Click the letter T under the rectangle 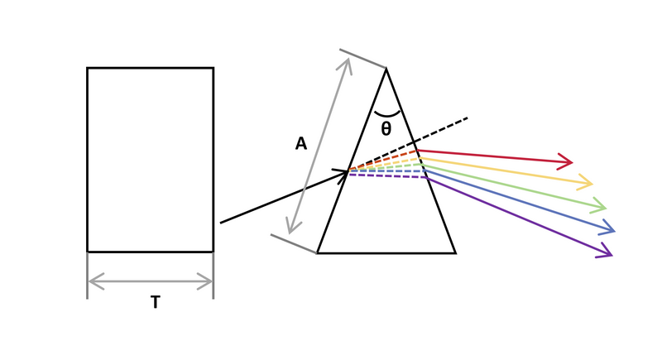pyautogui.click(x=156, y=302)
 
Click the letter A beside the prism pyautogui.click(x=300, y=144)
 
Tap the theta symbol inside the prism pyautogui.click(x=386, y=129)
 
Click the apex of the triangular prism pyautogui.click(x=386, y=69)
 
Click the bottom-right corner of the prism pyautogui.click(x=456, y=253)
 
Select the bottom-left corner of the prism pyautogui.click(x=317, y=253)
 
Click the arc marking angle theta pyautogui.click(x=386, y=115)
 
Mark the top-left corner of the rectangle pyautogui.click(x=88, y=68)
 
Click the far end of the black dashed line pyautogui.click(x=468, y=118)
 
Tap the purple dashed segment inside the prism pyautogui.click(x=386, y=176)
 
